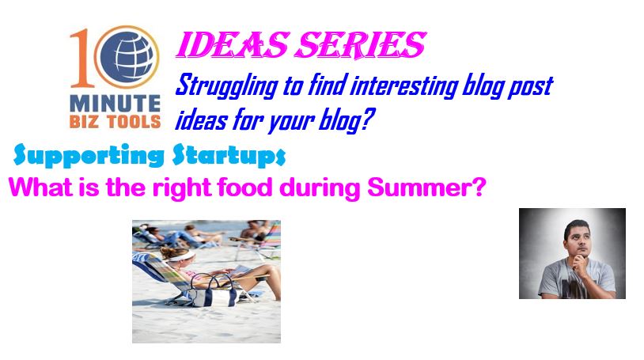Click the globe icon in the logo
pyautogui.click(x=127, y=57)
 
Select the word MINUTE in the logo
pyautogui.click(x=115, y=104)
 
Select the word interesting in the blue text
pyautogui.click(x=404, y=86)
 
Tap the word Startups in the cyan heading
pyautogui.click(x=229, y=155)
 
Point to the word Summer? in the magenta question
pyautogui.click(x=426, y=187)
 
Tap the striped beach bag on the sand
pyautogui.click(x=213, y=292)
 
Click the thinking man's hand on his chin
pyautogui.click(x=581, y=262)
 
